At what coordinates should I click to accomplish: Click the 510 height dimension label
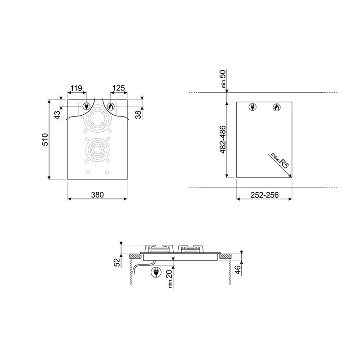(45, 139)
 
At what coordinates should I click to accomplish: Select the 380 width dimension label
(97, 195)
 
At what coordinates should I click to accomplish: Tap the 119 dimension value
(76, 88)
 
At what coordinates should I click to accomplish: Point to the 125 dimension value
(119, 88)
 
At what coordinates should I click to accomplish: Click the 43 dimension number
(58, 115)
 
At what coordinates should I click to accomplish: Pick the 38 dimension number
(138, 114)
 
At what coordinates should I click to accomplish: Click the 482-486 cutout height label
(223, 139)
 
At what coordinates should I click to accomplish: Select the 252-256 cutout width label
(265, 195)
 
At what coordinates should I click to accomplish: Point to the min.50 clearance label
(223, 79)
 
